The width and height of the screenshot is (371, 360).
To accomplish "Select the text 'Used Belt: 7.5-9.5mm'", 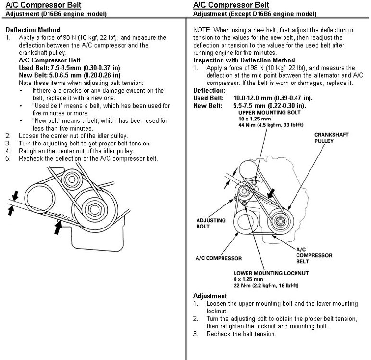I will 48,68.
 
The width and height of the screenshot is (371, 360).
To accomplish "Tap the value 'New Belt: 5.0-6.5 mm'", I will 47,75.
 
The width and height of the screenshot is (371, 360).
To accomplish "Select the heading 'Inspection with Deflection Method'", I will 244,60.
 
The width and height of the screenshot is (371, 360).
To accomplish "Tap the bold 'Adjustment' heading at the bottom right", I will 210,296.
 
